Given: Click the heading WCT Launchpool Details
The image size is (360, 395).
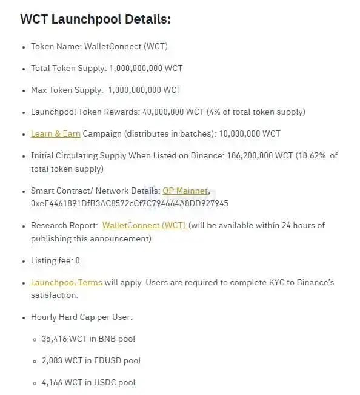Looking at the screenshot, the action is (x=95, y=19).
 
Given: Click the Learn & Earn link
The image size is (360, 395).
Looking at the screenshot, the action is (x=55, y=133).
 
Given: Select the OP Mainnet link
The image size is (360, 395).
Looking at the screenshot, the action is (x=185, y=191).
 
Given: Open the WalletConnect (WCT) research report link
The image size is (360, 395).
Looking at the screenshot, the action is (x=144, y=225).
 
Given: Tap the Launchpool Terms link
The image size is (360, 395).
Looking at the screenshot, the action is (x=67, y=282).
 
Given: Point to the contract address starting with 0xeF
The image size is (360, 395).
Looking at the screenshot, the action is (x=129, y=203).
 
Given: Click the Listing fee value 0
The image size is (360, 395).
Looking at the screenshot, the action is (x=77, y=260).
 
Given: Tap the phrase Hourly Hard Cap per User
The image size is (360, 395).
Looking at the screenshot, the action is (x=82, y=317).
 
